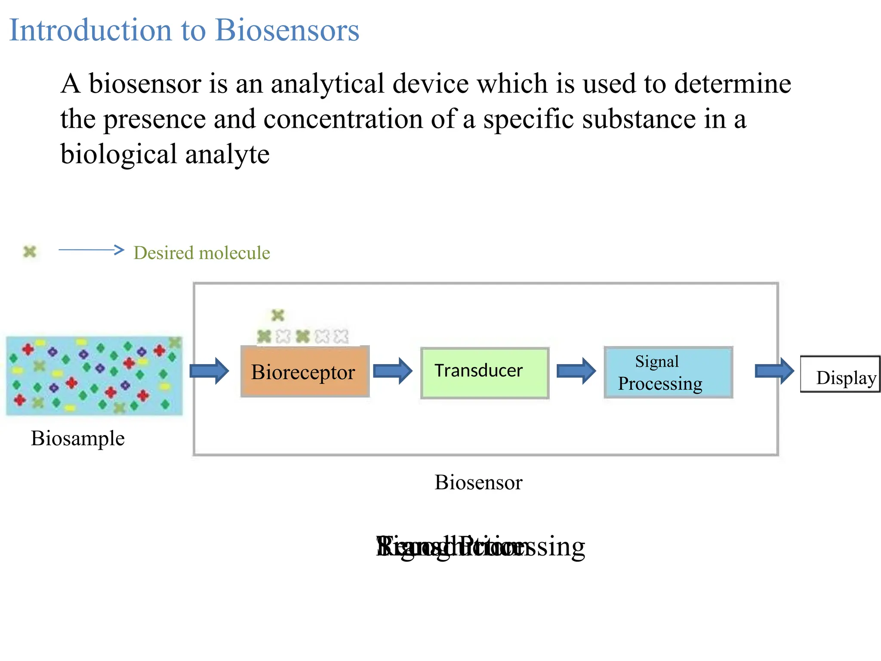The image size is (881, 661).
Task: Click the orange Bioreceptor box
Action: click(305, 372)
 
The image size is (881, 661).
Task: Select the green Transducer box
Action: click(485, 373)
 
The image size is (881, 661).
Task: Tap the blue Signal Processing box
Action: click(668, 372)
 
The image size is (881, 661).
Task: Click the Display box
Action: click(840, 374)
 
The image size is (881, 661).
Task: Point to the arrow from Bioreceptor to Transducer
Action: click(392, 371)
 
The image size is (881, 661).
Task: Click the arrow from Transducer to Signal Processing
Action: click(576, 371)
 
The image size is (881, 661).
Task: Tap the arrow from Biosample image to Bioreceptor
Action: click(209, 371)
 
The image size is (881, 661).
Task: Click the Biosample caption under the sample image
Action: click(78, 439)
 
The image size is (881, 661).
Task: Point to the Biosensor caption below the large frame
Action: click(478, 482)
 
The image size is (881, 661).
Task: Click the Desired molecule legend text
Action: click(202, 253)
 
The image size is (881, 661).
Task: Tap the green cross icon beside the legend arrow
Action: click(30, 252)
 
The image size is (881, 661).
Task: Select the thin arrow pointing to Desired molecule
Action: click(91, 250)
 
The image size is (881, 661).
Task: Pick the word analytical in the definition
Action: click(327, 83)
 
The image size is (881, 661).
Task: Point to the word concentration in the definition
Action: click(343, 119)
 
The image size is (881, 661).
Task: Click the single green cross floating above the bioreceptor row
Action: click(278, 315)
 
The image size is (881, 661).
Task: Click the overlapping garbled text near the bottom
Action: click(480, 547)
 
